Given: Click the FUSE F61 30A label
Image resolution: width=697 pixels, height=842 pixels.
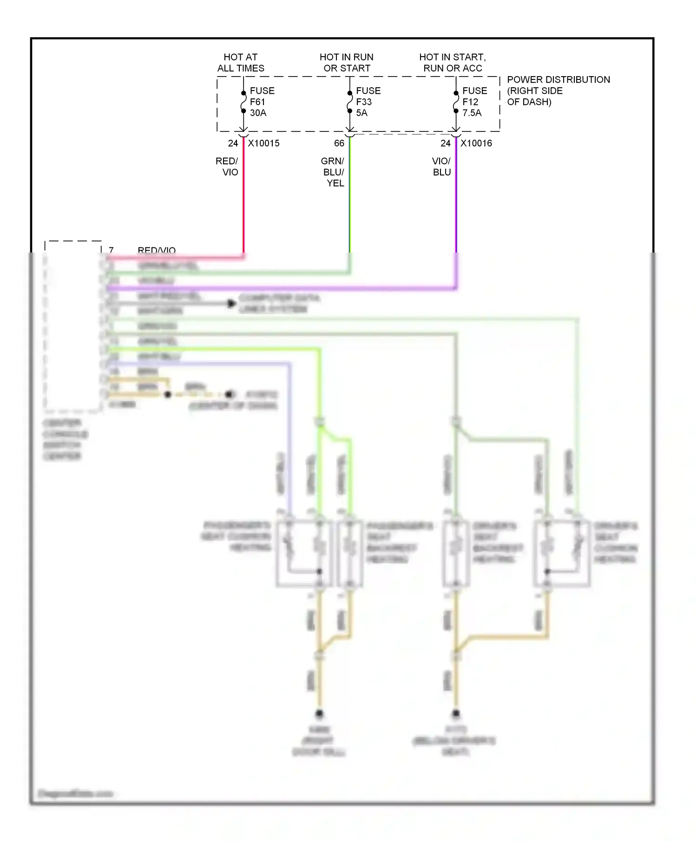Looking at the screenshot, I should point(262,102).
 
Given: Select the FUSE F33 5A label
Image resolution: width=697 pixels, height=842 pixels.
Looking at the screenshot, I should point(368,102).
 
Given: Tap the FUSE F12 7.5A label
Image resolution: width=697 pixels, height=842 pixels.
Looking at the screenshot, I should point(474,102).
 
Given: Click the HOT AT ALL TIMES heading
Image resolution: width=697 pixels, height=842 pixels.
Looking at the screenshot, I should point(241,63).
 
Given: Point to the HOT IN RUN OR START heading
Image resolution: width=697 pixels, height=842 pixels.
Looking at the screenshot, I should point(347,63).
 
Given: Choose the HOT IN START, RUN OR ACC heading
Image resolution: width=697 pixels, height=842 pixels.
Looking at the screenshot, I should point(453,63).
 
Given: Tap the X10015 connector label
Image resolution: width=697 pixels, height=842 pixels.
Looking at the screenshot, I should point(263,143).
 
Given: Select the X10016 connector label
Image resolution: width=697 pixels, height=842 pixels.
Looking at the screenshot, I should point(476,143).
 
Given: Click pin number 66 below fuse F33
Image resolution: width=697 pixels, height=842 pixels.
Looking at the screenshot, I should point(339,143).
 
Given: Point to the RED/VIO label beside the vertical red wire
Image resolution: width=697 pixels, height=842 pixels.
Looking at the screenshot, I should point(227,167).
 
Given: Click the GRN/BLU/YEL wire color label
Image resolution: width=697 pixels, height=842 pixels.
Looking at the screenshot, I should point(333,172).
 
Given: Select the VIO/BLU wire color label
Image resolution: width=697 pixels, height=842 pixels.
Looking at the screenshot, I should point(441,167).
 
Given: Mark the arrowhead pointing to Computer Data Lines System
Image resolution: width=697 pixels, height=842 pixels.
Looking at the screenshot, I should point(231,304).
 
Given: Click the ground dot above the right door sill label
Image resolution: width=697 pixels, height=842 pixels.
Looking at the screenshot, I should point(319,713).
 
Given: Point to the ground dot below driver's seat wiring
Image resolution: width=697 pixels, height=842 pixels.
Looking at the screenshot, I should point(456,713).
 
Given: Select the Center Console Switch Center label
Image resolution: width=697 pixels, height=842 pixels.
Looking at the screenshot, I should point(64,439).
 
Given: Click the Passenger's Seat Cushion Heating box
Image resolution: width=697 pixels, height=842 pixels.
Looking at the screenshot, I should point(304,553).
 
